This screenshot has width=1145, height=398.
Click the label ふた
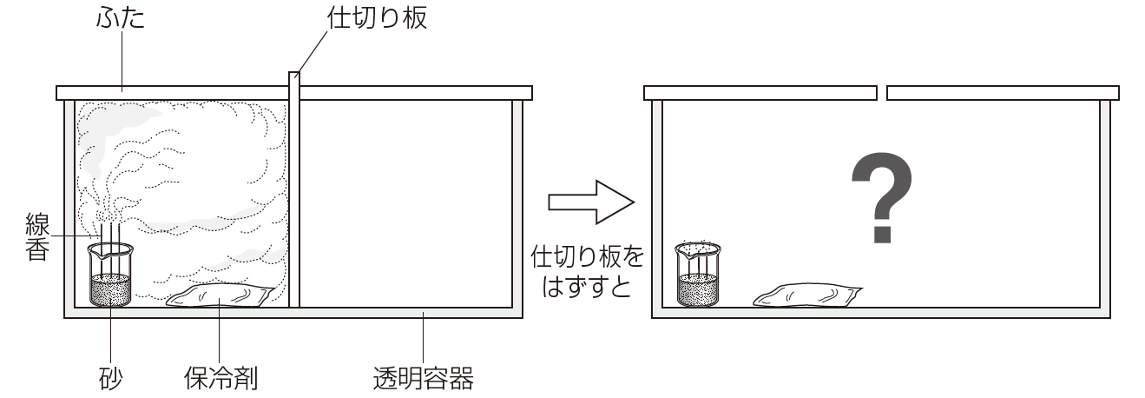121,19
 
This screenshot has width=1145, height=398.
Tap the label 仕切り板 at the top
378,19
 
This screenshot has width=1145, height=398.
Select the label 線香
38,237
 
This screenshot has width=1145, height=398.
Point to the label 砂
110,379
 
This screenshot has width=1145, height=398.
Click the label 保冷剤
220,379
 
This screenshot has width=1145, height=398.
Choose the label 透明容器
424,379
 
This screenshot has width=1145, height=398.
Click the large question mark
882,197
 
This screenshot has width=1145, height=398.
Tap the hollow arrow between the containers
591,202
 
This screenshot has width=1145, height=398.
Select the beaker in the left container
110,275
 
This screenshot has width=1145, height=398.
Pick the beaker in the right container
698,275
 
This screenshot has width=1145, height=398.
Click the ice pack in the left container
220,295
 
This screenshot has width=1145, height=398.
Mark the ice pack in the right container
808,295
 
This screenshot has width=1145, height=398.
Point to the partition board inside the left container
294,189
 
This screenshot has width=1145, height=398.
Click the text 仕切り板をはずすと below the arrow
588,272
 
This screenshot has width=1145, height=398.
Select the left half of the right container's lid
760,93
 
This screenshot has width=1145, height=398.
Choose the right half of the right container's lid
1003,93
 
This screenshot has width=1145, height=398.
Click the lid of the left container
294,93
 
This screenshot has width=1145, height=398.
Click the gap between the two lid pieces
882,93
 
